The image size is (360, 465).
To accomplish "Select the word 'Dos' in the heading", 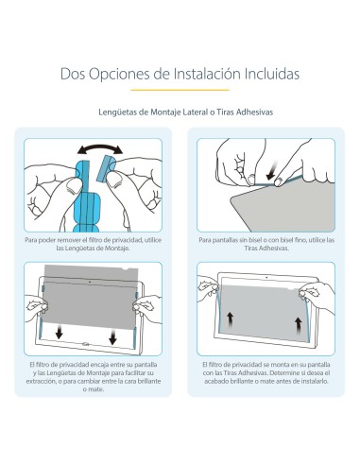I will point(75,73).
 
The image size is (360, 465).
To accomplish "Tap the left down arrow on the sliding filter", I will point(60,332).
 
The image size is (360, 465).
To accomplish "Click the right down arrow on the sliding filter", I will point(112,332).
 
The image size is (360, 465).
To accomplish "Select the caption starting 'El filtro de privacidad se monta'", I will point(267,376).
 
